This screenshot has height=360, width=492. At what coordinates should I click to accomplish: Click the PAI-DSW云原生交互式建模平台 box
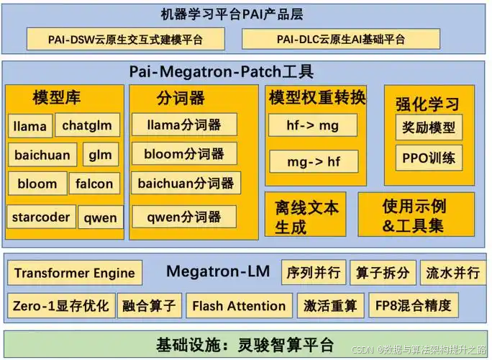125,39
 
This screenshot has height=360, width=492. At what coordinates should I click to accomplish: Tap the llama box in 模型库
29,126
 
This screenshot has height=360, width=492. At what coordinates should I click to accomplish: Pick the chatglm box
87,125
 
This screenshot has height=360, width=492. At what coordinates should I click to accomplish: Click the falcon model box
95,184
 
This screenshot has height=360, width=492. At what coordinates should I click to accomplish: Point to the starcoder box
41,217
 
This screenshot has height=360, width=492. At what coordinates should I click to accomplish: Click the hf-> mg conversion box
312,125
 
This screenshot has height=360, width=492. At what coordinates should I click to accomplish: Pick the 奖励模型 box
429,127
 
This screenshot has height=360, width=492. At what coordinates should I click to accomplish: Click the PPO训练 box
429,158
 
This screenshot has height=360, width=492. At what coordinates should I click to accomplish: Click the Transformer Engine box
75,273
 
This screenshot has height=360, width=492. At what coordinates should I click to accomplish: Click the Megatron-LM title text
218,271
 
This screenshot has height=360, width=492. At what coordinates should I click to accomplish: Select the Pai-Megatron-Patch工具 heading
221,72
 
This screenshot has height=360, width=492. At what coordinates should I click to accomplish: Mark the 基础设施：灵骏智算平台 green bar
245,343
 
